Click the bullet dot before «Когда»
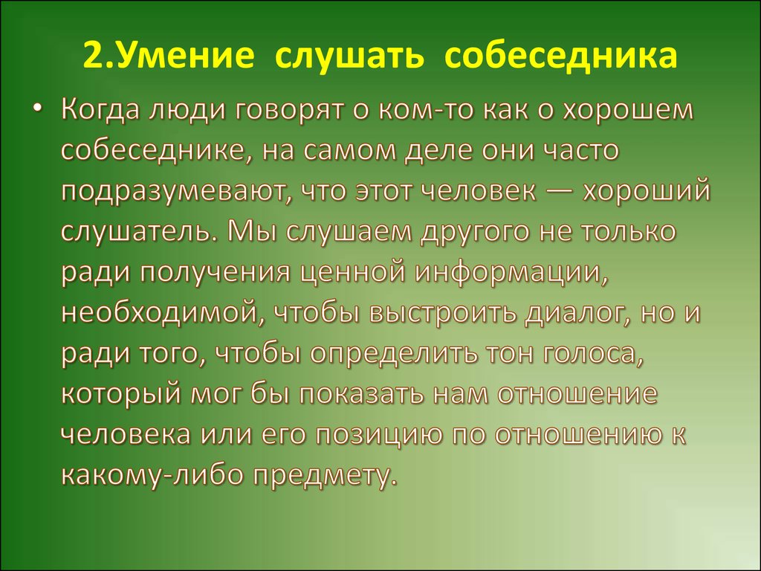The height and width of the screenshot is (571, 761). tap(37, 110)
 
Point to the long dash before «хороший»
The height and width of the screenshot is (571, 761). tap(559, 192)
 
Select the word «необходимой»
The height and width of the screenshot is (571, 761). tap(163, 313)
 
